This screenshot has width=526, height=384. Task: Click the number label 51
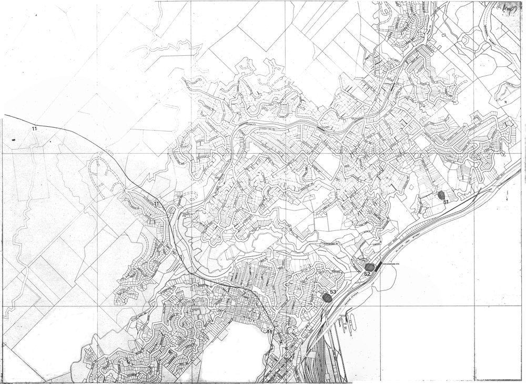tap(445, 202)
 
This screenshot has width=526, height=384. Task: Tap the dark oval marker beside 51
tap(441, 196)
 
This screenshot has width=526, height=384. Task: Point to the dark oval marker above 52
tap(369, 267)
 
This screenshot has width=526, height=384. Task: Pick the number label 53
tap(332, 291)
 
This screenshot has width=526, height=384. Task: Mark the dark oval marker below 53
tap(328, 298)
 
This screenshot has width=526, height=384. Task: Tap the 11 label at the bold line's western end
tap(34, 128)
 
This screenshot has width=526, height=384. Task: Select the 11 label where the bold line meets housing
tap(156, 203)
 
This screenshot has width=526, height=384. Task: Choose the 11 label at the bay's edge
tap(269, 331)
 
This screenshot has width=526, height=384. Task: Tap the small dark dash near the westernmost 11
tap(14, 139)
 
